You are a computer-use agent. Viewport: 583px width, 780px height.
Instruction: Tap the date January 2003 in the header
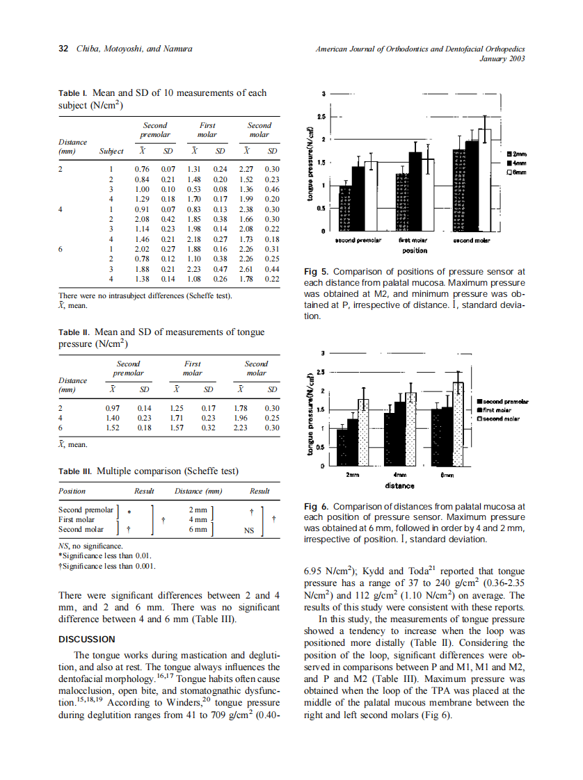pyautogui.click(x=502, y=58)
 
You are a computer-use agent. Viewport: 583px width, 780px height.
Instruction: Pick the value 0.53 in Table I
pyautogui.click(x=195, y=189)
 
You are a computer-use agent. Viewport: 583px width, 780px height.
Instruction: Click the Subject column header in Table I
pyautogui.click(x=111, y=151)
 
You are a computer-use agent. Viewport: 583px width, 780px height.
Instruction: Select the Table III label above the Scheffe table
pyautogui.click(x=76, y=471)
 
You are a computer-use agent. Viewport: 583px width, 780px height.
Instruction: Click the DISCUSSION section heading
pyautogui.click(x=87, y=639)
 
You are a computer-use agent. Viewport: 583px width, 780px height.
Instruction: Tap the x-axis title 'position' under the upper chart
pyautogui.click(x=415, y=250)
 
